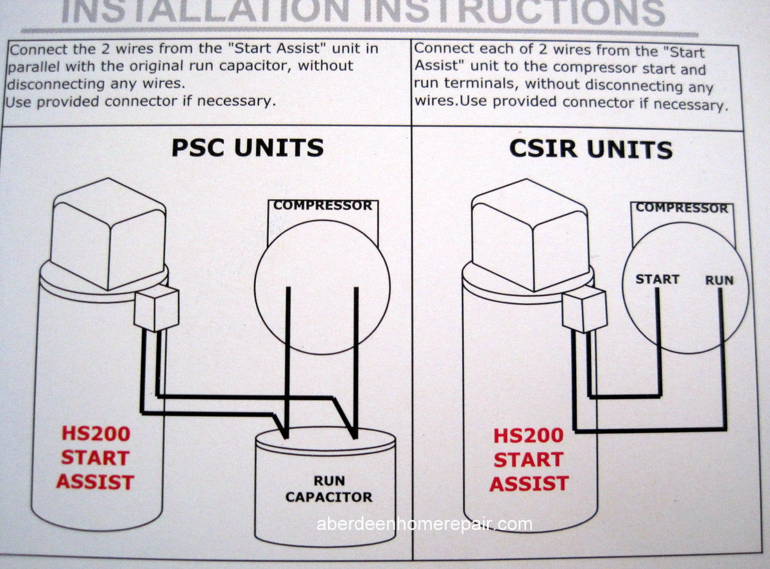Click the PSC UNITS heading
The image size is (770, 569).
[x=248, y=148]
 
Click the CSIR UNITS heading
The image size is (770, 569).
[x=591, y=150]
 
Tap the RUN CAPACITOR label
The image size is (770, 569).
[x=329, y=489]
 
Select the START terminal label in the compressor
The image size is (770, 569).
[x=657, y=279]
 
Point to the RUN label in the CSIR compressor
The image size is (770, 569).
[x=719, y=280]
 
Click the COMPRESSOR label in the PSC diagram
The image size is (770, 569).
[x=323, y=206]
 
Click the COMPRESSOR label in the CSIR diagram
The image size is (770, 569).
[x=682, y=208]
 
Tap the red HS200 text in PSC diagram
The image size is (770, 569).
[x=96, y=433]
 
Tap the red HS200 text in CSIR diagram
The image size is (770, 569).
[x=528, y=436]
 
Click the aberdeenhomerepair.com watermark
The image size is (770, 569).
[x=424, y=524]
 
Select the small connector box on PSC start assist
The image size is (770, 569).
[x=157, y=308]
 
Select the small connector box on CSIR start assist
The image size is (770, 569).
[x=585, y=311]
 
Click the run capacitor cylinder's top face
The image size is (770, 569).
[x=325, y=439]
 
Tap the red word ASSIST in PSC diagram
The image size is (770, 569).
[x=95, y=482]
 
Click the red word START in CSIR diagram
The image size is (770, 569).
[x=528, y=460]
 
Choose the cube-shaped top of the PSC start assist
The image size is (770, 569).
[x=108, y=234]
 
